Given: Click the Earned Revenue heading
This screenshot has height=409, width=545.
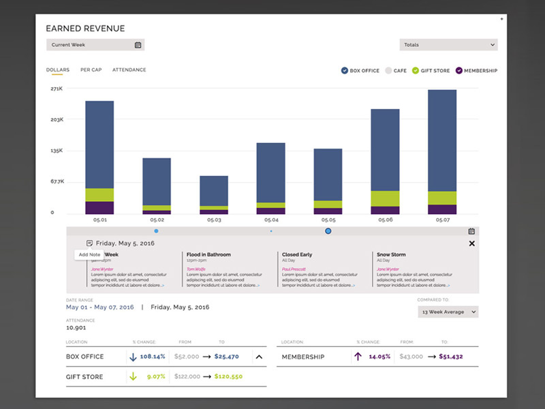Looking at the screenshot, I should [85, 29].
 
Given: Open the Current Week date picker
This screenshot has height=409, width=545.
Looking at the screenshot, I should [138, 45].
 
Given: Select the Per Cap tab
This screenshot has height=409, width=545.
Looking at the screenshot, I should [91, 70].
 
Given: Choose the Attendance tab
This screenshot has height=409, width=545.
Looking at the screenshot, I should [129, 70].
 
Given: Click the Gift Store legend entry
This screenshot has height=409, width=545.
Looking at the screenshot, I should [431, 71].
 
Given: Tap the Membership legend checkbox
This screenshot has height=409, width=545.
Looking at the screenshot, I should [459, 71].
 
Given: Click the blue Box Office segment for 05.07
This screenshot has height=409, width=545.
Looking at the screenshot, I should [442, 140].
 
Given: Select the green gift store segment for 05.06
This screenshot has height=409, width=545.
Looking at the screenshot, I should [385, 198].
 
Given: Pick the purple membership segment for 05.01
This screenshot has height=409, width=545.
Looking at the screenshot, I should [99, 207].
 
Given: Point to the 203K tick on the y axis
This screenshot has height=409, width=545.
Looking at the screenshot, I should [57, 119].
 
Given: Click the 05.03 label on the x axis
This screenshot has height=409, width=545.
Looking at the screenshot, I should [214, 220].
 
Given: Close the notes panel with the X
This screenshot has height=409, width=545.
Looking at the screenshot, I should [472, 243].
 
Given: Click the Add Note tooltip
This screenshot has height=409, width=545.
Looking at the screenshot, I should [89, 255].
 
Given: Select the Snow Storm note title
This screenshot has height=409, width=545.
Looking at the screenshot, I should [392, 255].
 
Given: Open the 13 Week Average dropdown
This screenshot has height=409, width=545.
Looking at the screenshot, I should [448, 312].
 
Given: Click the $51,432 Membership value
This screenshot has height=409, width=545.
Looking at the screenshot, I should [450, 357].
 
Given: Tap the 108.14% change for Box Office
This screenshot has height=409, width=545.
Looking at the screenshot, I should [153, 357].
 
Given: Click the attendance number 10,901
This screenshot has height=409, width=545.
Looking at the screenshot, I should [76, 329].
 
